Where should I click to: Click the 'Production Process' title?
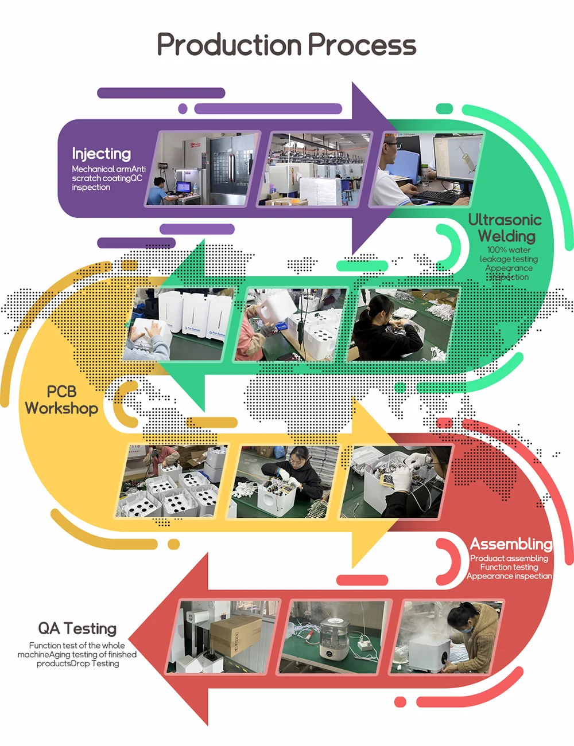pyautogui.click(x=286, y=45)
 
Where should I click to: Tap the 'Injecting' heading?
pyautogui.click(x=101, y=154)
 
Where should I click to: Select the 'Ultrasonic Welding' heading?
pyautogui.click(x=505, y=228)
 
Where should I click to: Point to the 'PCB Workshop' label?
pyautogui.click(x=61, y=400)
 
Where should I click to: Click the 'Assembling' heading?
pyautogui.click(x=511, y=544)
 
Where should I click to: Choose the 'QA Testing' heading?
pyautogui.click(x=77, y=628)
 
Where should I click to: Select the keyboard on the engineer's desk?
pyautogui.click(x=436, y=196)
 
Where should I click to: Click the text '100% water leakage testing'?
pyautogui.click(x=509, y=255)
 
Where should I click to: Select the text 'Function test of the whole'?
pyautogui.click(x=77, y=645)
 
